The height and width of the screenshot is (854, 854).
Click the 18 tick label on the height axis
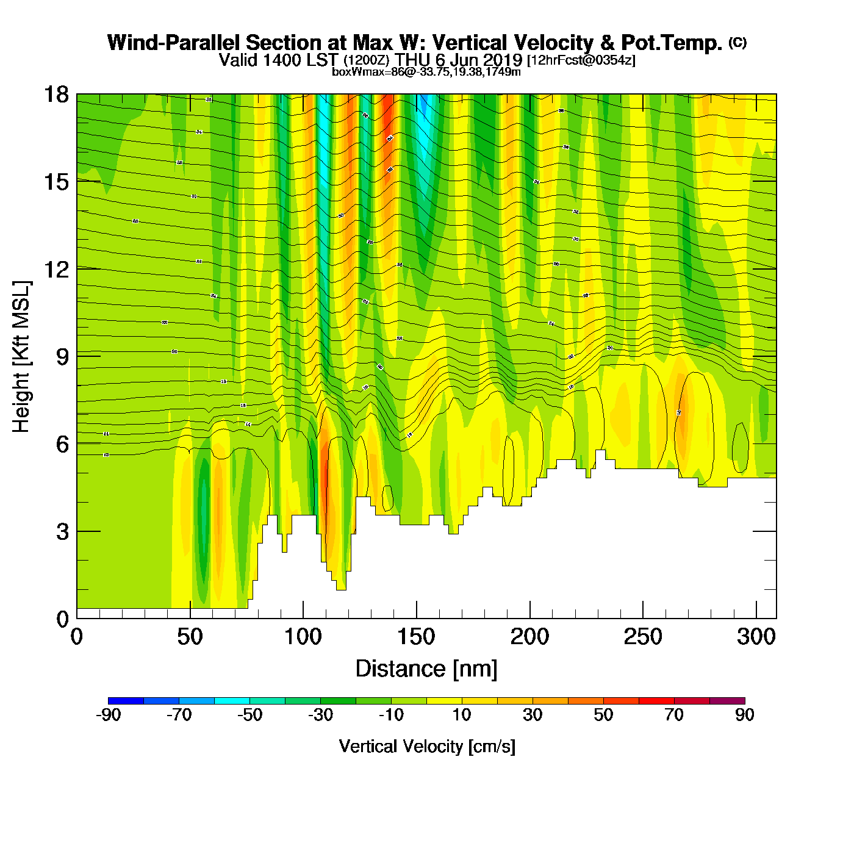point(56,95)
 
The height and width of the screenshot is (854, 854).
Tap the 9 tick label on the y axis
point(62,356)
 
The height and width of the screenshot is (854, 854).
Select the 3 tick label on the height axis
point(62,531)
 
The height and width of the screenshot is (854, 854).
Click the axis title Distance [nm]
point(426,669)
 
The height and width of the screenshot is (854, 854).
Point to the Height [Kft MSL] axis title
point(21,357)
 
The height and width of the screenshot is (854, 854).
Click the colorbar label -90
point(109,715)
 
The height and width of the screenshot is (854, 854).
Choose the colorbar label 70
point(674,715)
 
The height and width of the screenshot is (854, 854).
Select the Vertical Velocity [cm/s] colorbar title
point(427,746)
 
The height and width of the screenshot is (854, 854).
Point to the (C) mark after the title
point(737,42)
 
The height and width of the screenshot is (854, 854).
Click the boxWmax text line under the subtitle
point(426,72)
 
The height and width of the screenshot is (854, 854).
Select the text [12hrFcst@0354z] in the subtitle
point(581,60)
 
